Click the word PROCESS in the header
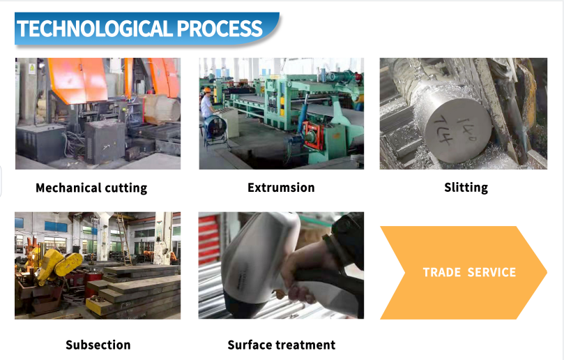(x=220, y=29)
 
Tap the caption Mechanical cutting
(x=91, y=188)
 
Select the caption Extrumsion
(x=281, y=188)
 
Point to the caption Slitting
(x=466, y=188)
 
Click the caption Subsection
(x=98, y=345)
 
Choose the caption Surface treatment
(x=281, y=345)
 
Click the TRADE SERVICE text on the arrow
(x=469, y=272)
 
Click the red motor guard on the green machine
(x=312, y=135)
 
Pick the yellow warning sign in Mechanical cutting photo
(x=31, y=68)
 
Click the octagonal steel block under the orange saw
(x=162, y=108)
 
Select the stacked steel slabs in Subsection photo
(x=136, y=292)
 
